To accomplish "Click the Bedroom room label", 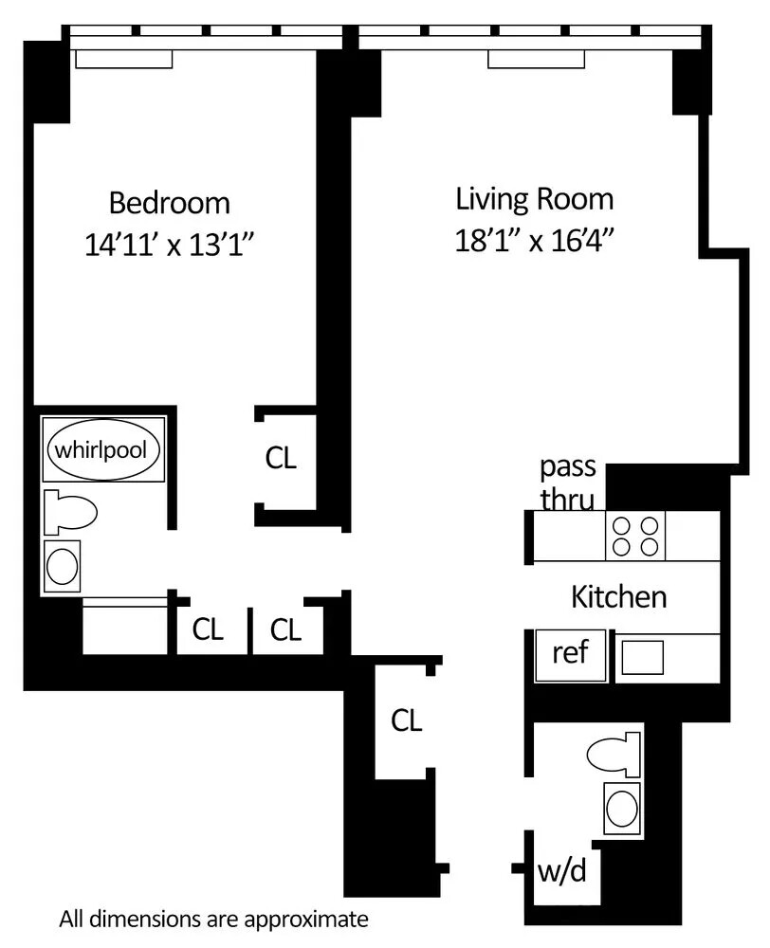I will [169, 203].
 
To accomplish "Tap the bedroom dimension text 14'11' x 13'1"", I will [172, 246].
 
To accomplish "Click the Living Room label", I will [534, 199].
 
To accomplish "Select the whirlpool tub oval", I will [102, 449].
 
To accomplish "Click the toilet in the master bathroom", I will [72, 513].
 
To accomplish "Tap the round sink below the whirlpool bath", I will [64, 567].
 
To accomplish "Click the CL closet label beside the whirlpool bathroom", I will [281, 459].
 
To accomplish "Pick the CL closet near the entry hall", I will [406, 720].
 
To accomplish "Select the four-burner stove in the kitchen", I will [635, 536].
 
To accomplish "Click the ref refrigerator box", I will [570, 653].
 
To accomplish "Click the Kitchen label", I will [618, 597].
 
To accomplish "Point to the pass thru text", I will [567, 482].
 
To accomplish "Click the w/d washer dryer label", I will [561, 870].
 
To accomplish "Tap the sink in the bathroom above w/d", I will [622, 809].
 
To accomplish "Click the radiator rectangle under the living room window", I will [538, 59].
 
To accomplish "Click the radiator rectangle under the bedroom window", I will [124, 59].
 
